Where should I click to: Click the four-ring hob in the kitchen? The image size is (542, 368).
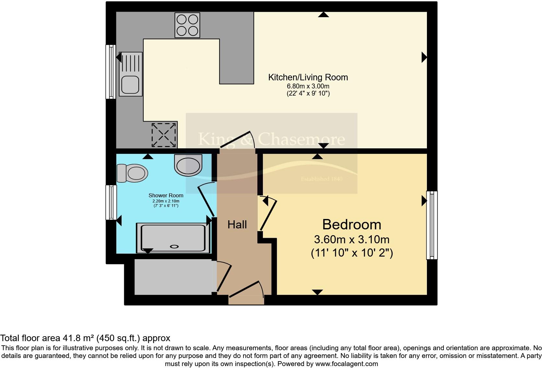tap(187, 25)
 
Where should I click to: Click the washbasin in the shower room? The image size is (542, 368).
tap(188, 165)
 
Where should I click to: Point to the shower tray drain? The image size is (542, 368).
tap(174, 247)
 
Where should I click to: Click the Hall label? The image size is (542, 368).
tap(237, 224)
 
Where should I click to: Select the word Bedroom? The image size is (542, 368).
tap(351, 224)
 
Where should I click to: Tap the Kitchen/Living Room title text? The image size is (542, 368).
tap(308, 77)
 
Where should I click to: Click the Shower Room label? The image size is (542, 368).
tap(166, 195)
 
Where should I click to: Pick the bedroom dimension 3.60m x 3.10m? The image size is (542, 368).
tap(351, 240)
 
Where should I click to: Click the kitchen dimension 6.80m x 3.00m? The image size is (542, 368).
tap(308, 86)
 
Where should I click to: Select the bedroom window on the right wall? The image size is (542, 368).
tap(431, 225)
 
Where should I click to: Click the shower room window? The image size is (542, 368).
tap(111, 202)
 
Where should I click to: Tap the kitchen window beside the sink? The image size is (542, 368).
tap(111, 72)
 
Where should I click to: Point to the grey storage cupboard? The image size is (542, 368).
tap(173, 277)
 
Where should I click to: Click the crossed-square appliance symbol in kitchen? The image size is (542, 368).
tap(164, 134)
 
